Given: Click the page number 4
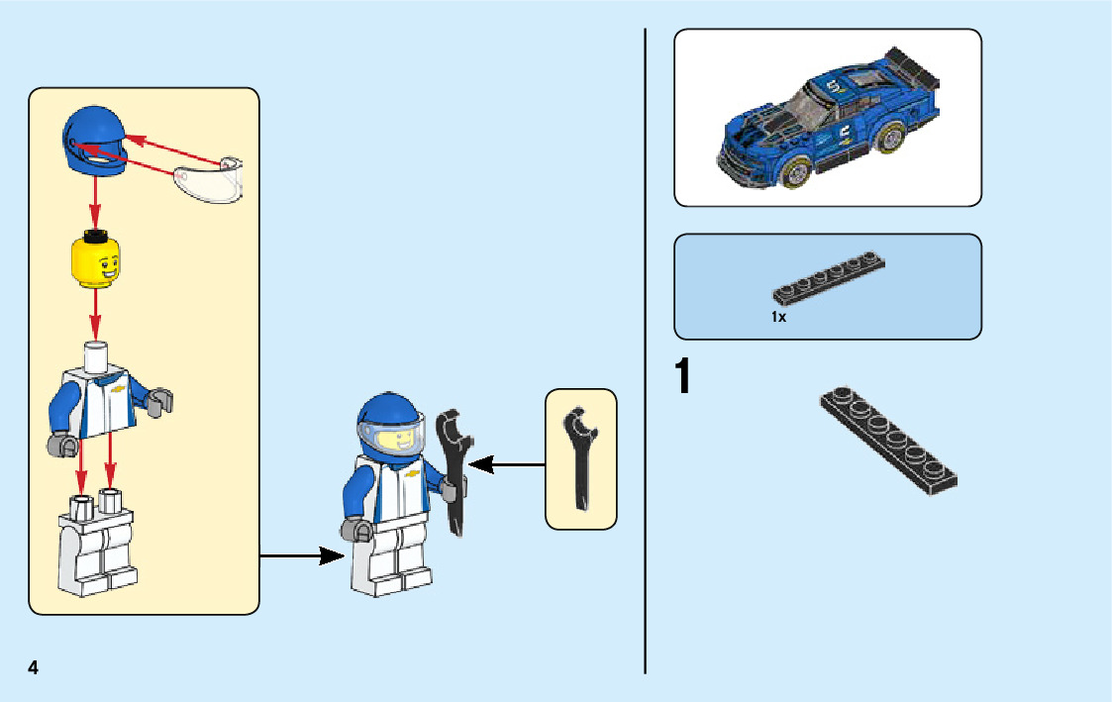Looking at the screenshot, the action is [34, 666].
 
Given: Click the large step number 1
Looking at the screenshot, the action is [683, 378].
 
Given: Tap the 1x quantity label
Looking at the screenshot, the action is [779, 318].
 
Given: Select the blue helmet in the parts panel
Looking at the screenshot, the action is [94, 143].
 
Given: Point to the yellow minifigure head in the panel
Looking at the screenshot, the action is [96, 261].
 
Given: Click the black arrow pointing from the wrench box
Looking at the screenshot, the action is [506, 462].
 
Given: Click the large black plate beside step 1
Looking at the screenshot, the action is [888, 441].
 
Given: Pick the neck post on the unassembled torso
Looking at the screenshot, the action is [96, 357].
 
